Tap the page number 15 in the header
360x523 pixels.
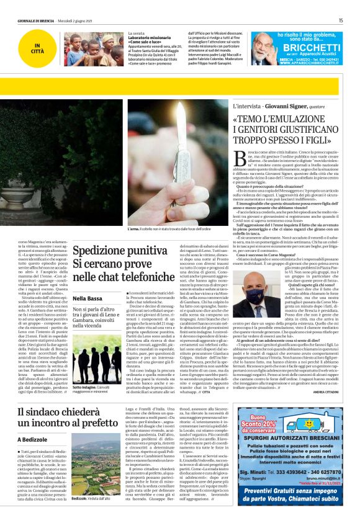click(x=341, y=20)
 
